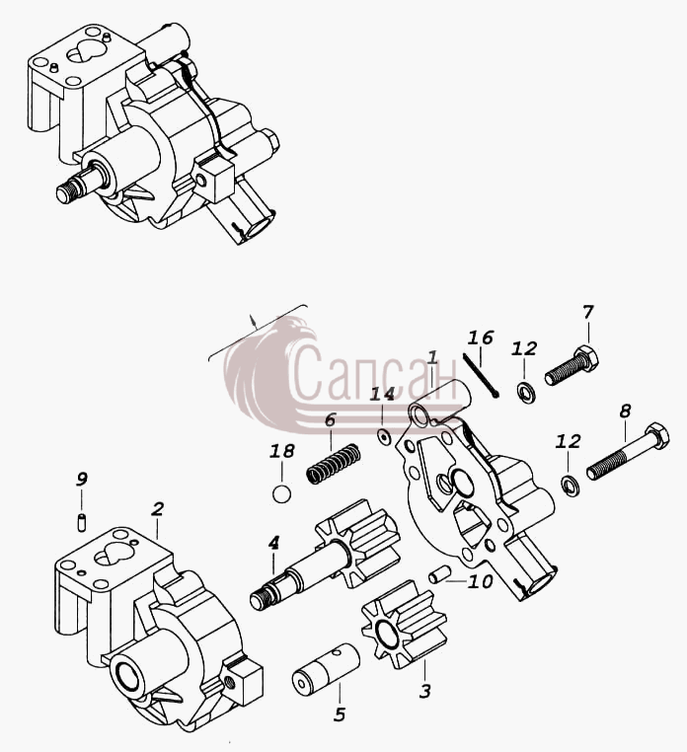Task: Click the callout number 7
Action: click(588, 312)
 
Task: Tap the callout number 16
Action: click(481, 338)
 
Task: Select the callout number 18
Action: click(282, 451)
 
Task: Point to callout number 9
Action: click(82, 479)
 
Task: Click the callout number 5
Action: click(340, 715)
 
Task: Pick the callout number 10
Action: click(481, 581)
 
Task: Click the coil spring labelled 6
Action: click(334, 464)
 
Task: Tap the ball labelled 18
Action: click(281, 494)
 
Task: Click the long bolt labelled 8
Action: click(628, 451)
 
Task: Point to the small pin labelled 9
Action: click(82, 522)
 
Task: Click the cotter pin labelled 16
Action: click(481, 376)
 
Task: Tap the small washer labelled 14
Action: click(384, 437)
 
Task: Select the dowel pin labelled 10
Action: click(439, 574)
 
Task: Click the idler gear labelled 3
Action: click(404, 625)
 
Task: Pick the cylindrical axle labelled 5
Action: click(326, 669)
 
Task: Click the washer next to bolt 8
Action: click(570, 486)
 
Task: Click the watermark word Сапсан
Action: click(373, 374)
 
